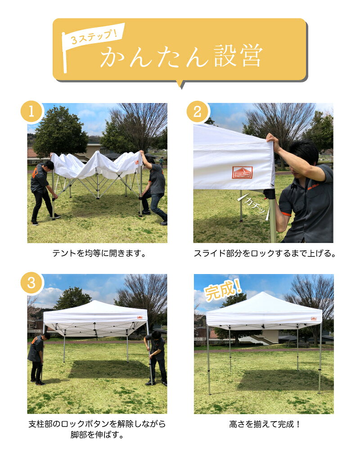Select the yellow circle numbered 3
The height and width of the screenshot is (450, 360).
tap(31, 283)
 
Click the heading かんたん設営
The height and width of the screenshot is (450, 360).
tap(181, 58)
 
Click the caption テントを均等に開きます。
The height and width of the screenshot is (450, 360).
tap(99, 253)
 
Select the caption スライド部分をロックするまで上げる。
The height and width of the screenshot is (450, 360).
tap(265, 253)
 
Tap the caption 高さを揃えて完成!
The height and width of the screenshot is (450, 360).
tap(265, 424)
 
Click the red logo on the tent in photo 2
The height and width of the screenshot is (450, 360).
tap(242, 173)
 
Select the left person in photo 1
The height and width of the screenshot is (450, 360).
tap(42, 191)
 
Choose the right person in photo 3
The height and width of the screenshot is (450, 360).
tap(156, 358)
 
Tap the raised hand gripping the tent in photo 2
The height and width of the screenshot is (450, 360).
tap(271, 140)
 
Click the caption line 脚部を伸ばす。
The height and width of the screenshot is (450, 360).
tap(97, 435)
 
